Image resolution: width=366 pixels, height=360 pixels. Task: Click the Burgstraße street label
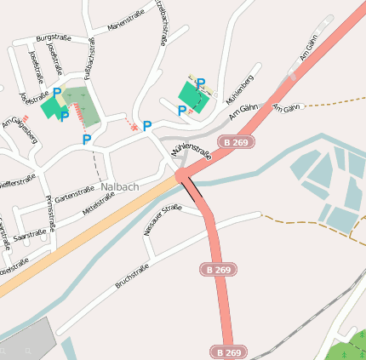53,37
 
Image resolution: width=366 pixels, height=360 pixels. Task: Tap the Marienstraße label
125,22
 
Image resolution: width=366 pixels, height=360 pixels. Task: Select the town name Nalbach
118,186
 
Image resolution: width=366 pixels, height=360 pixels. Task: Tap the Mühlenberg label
240,92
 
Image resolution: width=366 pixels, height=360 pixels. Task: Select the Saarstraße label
31,231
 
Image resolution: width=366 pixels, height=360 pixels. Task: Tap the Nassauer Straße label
163,219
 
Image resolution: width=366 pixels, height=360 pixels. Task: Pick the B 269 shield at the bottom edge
227,351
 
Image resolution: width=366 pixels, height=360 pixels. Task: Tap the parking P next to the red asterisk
147,126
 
